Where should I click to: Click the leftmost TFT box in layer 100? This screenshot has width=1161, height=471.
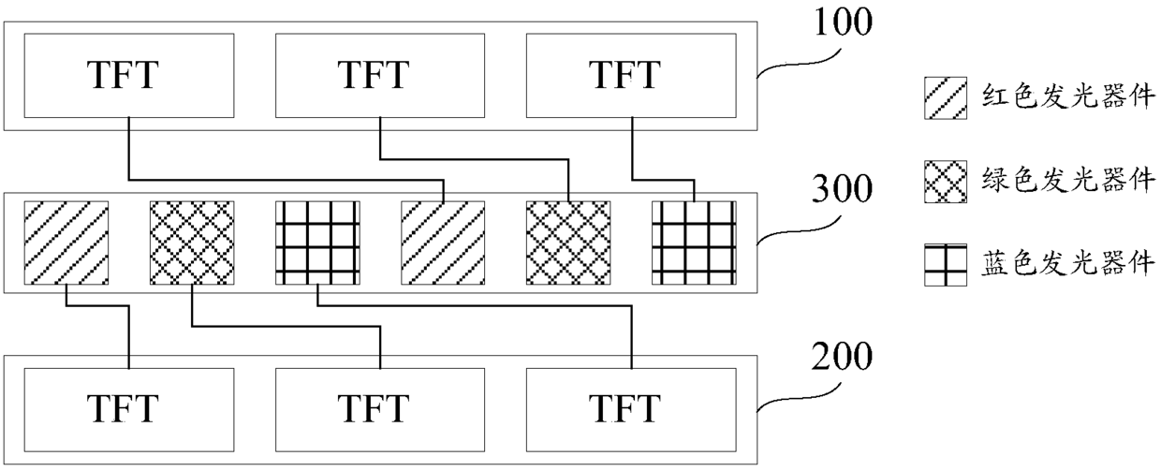click(128, 75)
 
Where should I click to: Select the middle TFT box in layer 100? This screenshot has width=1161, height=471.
click(380, 75)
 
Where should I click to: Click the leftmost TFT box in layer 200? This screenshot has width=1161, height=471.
click(128, 408)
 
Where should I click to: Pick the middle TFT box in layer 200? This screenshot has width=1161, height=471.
click(380, 408)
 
